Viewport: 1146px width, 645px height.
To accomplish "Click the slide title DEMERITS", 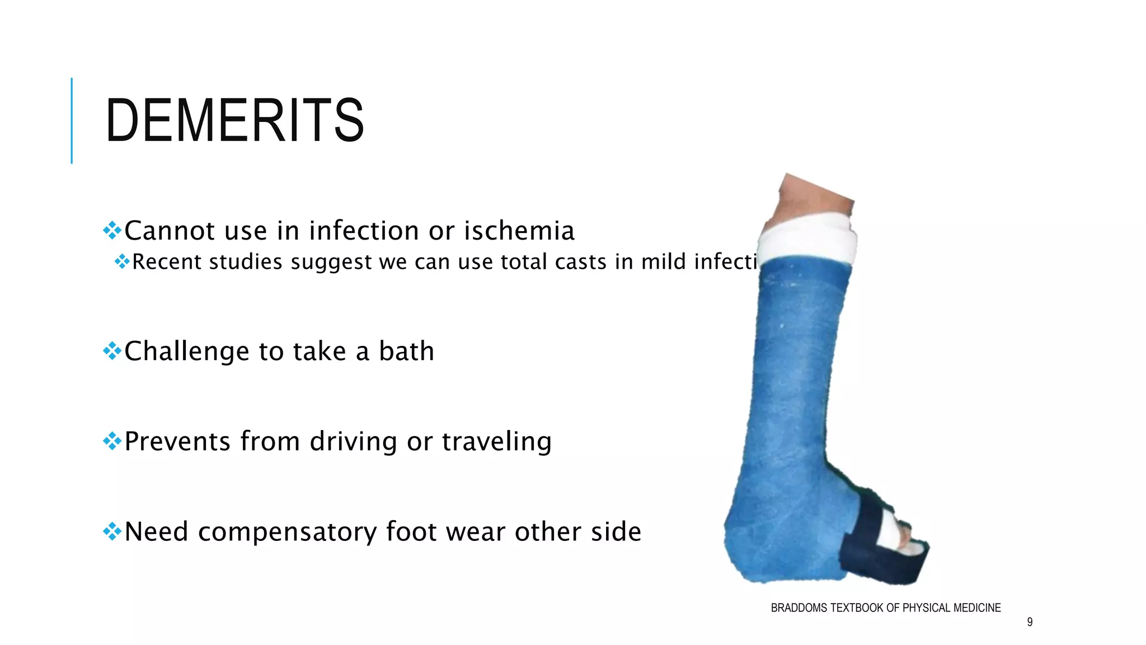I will point(234,120).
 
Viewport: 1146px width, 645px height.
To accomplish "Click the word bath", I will point(406,352).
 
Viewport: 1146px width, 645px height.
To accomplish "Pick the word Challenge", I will point(187,352).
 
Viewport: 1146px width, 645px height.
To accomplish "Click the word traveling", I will point(497,441).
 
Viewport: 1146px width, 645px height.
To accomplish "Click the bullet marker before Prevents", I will point(112,441).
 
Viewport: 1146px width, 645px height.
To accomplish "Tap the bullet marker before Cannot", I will point(112,230).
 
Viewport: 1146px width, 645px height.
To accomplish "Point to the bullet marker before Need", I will point(112,531).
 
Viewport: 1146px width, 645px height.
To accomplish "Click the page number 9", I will point(1030,622).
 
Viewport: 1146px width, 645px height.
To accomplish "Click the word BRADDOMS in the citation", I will point(799,608).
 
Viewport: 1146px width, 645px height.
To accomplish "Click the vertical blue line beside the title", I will point(72,120).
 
